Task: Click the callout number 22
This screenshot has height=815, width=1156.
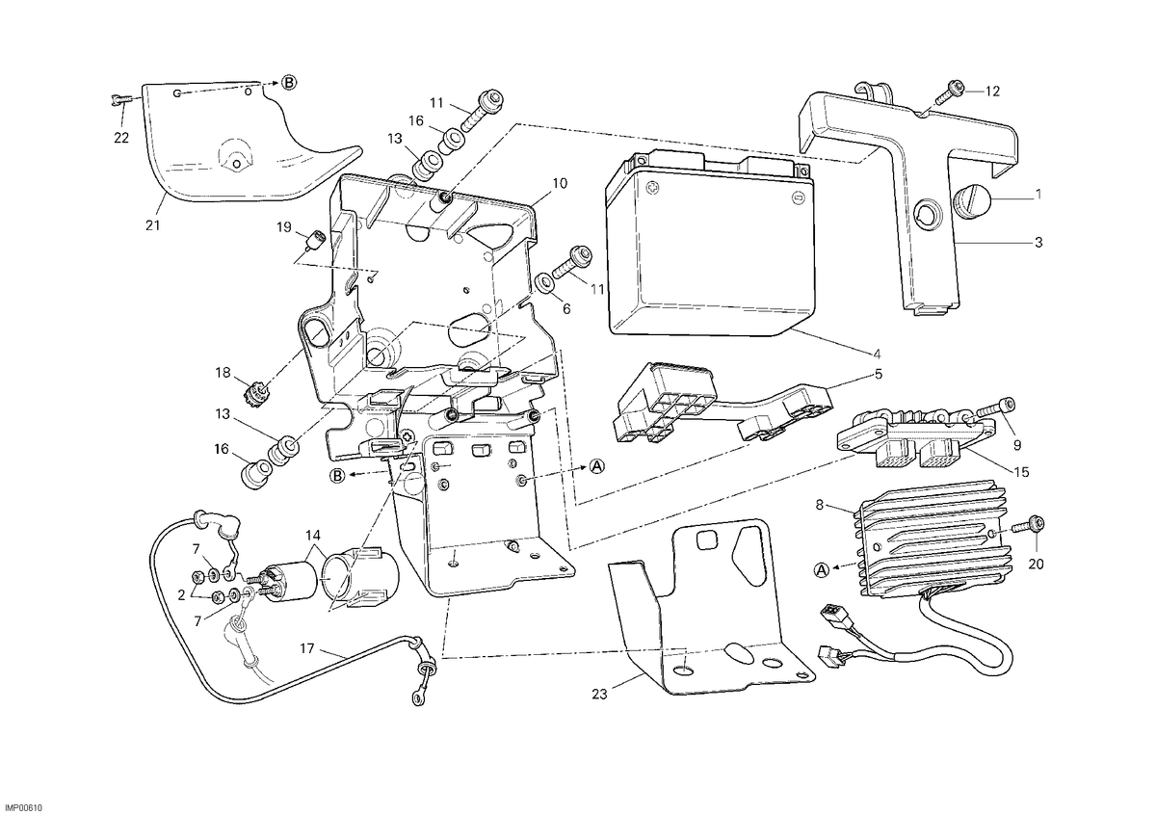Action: [121, 138]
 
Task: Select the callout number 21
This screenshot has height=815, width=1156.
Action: [152, 225]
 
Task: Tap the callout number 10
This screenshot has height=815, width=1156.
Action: [560, 183]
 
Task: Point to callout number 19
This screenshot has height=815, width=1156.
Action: [284, 227]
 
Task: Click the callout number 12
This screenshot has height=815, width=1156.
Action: [992, 92]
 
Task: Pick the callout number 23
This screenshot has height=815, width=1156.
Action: [599, 695]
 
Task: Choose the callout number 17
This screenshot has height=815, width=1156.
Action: [307, 648]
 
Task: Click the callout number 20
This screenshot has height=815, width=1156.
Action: [1036, 565]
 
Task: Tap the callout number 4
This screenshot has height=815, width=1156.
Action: [878, 355]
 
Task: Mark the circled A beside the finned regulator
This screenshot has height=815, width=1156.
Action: [822, 570]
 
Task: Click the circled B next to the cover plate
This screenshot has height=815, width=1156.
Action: [289, 83]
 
